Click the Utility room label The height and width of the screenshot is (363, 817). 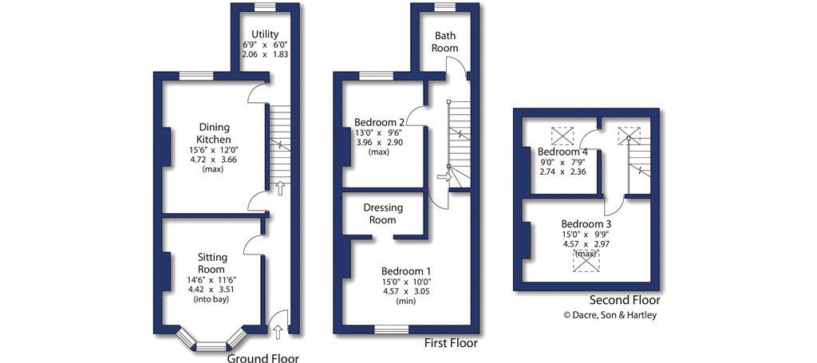(x=264, y=34)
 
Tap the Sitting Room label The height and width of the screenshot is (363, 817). (x=213, y=262)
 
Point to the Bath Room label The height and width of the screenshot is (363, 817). (x=446, y=42)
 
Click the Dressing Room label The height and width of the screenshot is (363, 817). (x=383, y=213)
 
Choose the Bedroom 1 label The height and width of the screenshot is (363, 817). (x=406, y=270)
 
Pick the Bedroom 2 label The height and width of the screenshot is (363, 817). (x=380, y=122)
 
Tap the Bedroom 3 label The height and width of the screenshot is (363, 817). (x=586, y=223)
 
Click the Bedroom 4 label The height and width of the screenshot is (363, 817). (x=562, y=152)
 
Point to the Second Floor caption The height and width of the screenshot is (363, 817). (x=625, y=300)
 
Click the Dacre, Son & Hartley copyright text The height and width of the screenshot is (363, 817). (x=612, y=314)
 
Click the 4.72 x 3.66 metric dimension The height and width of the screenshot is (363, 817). (x=214, y=160)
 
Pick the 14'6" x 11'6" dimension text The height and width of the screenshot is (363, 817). (x=213, y=280)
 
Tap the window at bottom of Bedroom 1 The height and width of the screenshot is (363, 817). (x=391, y=328)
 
